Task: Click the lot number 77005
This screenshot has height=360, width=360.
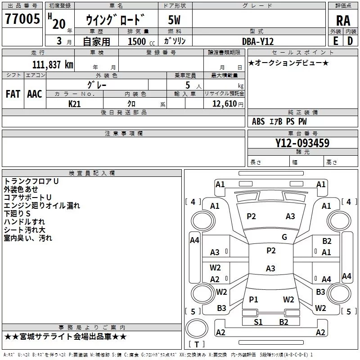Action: click(x=22, y=18)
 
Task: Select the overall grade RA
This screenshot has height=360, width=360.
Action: click(x=343, y=21)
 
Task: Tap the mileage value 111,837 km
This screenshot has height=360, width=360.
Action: click(x=53, y=64)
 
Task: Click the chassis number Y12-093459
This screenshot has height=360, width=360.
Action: click(x=302, y=143)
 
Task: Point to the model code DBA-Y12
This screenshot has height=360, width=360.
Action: click(x=258, y=41)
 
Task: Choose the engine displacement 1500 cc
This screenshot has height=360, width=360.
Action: click(x=141, y=41)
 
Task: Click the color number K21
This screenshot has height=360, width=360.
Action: click(x=74, y=104)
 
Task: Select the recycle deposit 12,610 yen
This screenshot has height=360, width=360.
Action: click(x=228, y=104)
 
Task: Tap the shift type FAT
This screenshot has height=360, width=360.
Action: click(x=13, y=94)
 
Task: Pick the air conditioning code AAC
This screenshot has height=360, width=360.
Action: click(x=35, y=94)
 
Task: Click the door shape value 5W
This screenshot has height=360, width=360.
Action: click(x=174, y=20)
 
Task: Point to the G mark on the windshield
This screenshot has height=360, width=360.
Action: click(x=284, y=237)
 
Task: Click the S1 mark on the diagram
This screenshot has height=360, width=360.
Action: click(x=258, y=322)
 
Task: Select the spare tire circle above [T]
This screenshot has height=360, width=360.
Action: click(x=197, y=328)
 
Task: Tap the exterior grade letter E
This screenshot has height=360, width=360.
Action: click(x=336, y=41)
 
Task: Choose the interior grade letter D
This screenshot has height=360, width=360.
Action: click(x=350, y=41)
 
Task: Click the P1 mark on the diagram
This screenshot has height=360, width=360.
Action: click(x=253, y=299)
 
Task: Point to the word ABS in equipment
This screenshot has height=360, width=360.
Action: click(x=258, y=121)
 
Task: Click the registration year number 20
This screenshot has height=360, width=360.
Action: click(x=59, y=24)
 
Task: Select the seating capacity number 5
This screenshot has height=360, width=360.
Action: click(x=188, y=85)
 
